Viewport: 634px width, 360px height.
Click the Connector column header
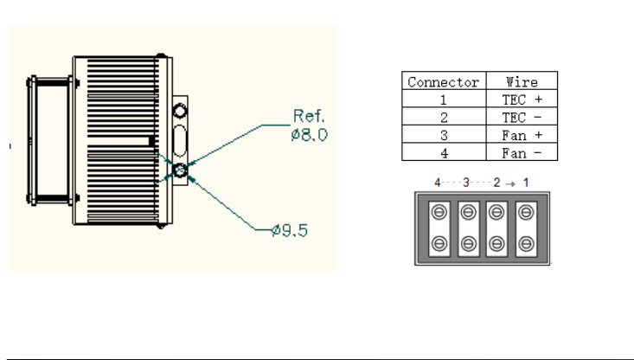pyautogui.click(x=443, y=82)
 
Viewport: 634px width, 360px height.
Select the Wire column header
pyautogui.click(x=522, y=82)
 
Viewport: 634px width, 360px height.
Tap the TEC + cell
pyautogui.click(x=522, y=100)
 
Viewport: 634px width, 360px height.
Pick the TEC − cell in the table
pyautogui.click(x=522, y=118)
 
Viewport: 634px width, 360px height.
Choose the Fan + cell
pyautogui.click(x=522, y=135)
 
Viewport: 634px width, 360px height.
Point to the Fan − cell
pyautogui.click(x=522, y=153)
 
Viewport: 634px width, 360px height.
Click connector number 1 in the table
pyautogui.click(x=444, y=100)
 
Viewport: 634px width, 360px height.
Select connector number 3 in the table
pyautogui.click(x=444, y=135)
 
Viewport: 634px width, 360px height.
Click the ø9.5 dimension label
pyautogui.click(x=290, y=230)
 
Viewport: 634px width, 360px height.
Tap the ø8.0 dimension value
pyautogui.click(x=309, y=135)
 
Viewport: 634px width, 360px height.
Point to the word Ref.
pyautogui.click(x=309, y=116)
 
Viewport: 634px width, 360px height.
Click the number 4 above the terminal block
pyautogui.click(x=437, y=183)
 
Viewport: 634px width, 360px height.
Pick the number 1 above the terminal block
pyautogui.click(x=526, y=183)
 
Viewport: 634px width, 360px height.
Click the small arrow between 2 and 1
pyautogui.click(x=510, y=184)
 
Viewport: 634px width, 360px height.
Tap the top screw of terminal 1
pyautogui.click(x=526, y=212)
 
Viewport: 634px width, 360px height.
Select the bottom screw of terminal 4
pyautogui.click(x=439, y=244)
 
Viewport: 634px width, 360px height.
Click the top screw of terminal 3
pyautogui.click(x=468, y=212)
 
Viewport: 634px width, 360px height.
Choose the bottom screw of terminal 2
pyautogui.click(x=496, y=244)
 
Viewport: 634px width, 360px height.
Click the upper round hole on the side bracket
pyautogui.click(x=180, y=111)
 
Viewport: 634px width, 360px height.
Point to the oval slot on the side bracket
pyautogui.click(x=180, y=141)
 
